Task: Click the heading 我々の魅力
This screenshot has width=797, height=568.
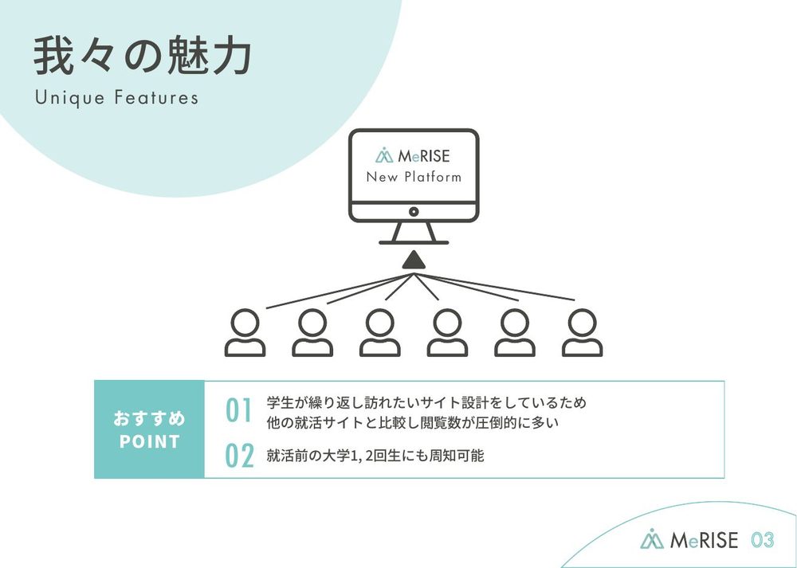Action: [143, 56]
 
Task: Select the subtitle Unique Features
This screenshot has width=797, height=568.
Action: [117, 97]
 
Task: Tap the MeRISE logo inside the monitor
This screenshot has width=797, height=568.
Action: [413, 155]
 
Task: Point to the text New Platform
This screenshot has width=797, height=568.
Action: [414, 178]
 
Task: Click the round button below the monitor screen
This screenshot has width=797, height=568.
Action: [414, 211]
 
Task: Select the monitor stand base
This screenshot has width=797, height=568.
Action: [414, 242]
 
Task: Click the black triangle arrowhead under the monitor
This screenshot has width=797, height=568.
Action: [414, 260]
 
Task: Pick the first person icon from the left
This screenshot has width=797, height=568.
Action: [245, 333]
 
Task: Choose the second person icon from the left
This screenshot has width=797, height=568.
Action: [312, 333]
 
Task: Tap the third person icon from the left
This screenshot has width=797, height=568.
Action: [379, 333]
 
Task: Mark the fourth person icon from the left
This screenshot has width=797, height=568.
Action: [447, 333]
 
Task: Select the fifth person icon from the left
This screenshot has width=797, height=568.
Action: [515, 333]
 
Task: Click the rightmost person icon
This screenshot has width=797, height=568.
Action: [583, 333]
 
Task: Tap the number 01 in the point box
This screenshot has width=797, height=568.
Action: [239, 410]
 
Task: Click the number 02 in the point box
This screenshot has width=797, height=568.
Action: [239, 456]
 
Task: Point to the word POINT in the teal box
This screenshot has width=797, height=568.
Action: [150, 441]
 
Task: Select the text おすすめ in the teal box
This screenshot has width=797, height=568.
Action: [150, 419]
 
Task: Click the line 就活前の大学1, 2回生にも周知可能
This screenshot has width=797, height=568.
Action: [375, 456]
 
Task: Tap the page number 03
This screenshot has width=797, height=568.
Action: [763, 539]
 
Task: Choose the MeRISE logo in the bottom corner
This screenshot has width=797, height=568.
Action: [689, 539]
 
